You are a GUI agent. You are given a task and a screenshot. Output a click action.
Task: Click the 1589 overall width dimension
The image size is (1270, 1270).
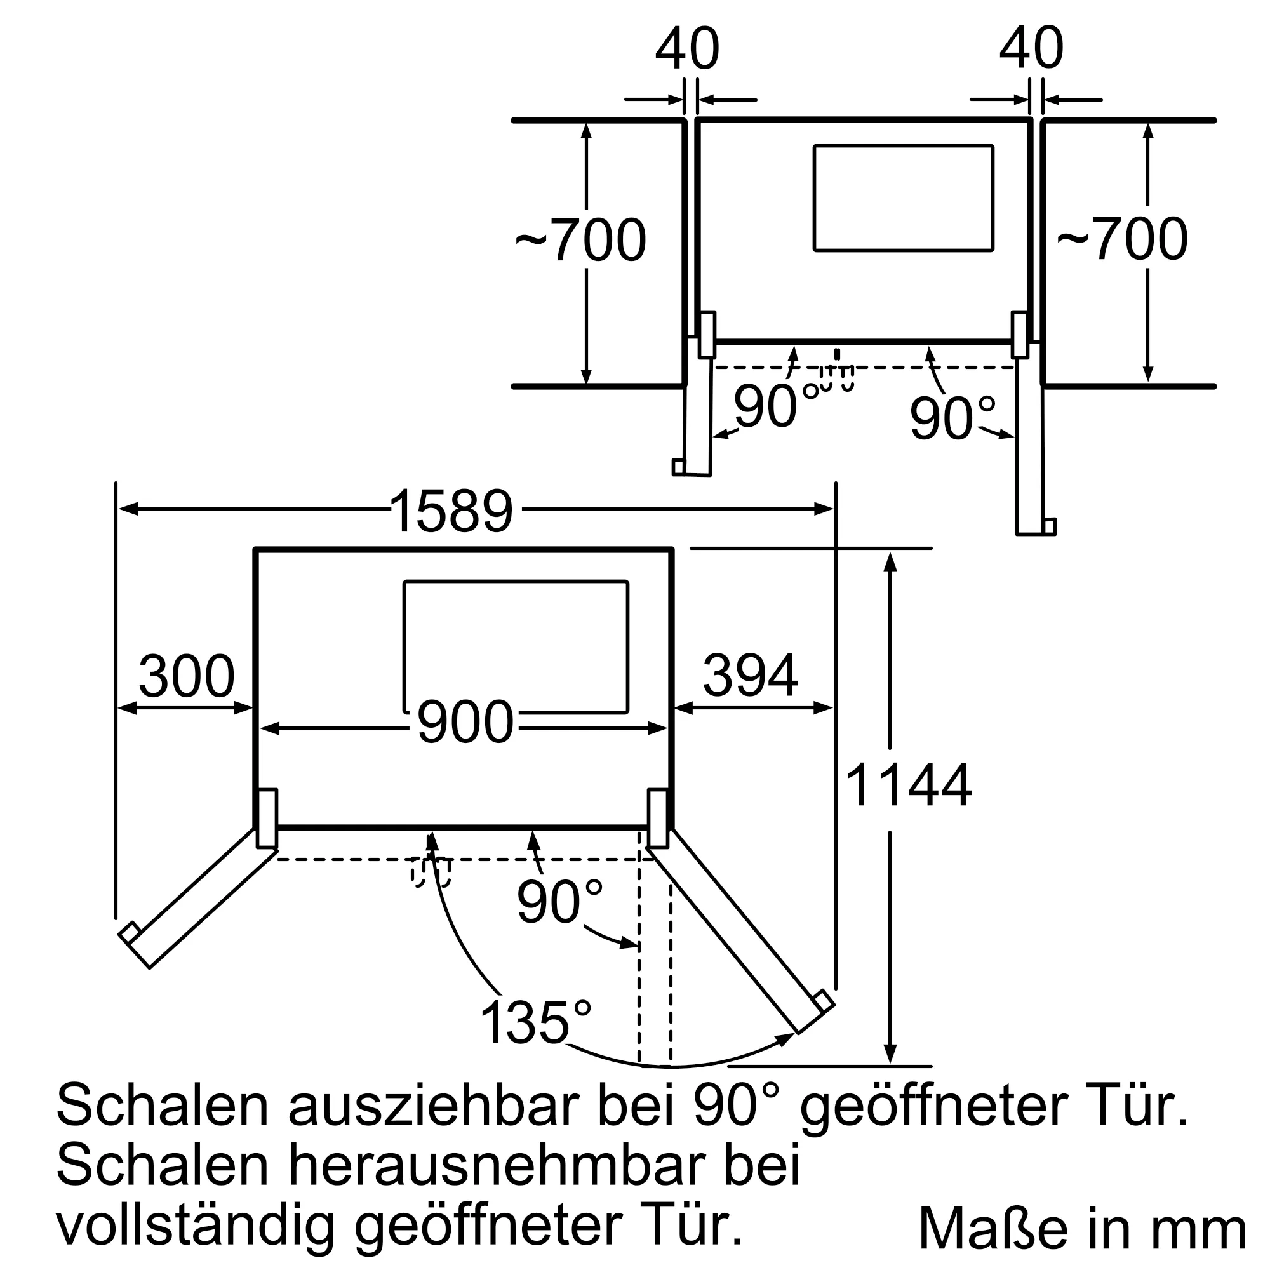click(x=451, y=511)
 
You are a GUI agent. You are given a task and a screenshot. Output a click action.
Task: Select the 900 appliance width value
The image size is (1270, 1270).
click(x=465, y=722)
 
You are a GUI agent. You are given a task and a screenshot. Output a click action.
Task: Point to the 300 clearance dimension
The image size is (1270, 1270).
click(x=187, y=676)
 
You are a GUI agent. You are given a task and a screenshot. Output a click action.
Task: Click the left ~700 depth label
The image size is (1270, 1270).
click(x=580, y=240)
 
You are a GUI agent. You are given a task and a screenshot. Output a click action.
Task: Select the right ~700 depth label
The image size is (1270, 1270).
click(x=1122, y=239)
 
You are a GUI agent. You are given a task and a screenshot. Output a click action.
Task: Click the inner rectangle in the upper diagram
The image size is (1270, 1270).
click(x=903, y=198)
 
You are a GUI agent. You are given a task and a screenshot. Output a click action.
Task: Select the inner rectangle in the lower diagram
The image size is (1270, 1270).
click(x=516, y=647)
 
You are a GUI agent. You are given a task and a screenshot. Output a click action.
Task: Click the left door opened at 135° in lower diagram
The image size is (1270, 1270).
click(x=199, y=897)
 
